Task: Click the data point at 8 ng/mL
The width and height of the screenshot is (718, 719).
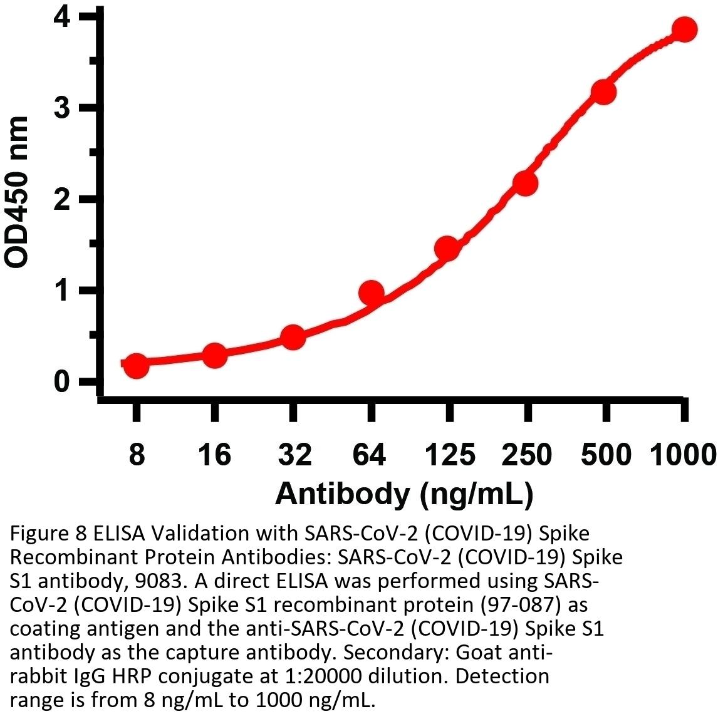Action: click(x=137, y=366)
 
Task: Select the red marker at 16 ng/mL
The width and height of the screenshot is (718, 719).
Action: click(x=214, y=356)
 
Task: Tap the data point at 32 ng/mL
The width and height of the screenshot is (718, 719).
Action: click(x=293, y=338)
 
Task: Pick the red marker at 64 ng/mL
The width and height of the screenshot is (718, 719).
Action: click(x=371, y=292)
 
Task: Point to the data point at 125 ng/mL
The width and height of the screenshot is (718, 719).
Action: click(x=447, y=249)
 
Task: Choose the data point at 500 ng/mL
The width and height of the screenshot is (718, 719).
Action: click(x=604, y=92)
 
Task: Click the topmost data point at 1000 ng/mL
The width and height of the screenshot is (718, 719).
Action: click(x=684, y=29)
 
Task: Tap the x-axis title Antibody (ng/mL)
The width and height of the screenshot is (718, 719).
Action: click(x=404, y=493)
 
